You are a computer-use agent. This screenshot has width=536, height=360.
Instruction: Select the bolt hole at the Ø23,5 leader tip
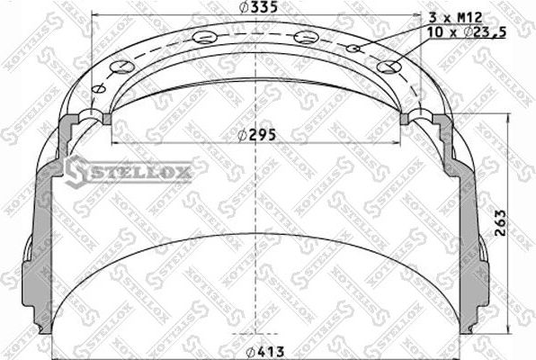(x=389, y=67)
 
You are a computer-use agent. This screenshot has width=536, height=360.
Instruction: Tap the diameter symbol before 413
(x=249, y=350)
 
